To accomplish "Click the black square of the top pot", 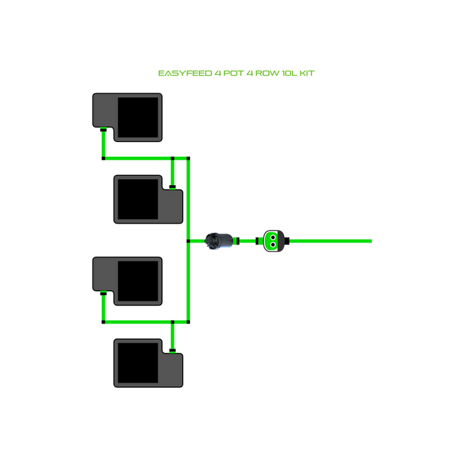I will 138,117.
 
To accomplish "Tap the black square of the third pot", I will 138,280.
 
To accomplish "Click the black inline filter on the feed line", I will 220,240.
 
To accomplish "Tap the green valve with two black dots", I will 272,240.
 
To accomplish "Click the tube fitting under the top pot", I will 103,129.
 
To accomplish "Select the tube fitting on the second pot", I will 172,186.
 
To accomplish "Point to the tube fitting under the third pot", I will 103,293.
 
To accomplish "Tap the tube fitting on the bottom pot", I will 172,350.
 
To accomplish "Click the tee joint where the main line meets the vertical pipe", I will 189,240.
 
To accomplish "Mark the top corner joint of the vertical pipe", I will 189,159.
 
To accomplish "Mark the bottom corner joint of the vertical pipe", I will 189,322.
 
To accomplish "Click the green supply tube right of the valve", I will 331,240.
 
